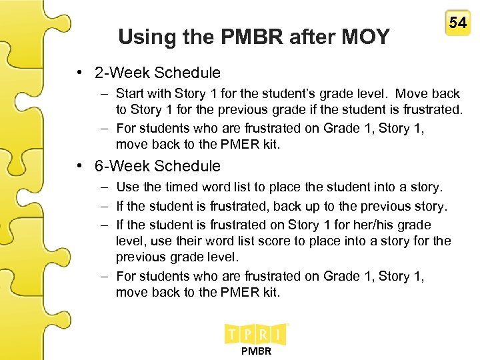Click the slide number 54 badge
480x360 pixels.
click(457, 23)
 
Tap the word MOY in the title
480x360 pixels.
click(365, 37)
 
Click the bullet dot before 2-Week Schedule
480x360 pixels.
click(79, 72)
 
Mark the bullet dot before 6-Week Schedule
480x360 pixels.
click(79, 166)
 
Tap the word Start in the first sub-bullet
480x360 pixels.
click(131, 94)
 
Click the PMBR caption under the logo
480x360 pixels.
click(256, 351)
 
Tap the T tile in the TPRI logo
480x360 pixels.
click(234, 333)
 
